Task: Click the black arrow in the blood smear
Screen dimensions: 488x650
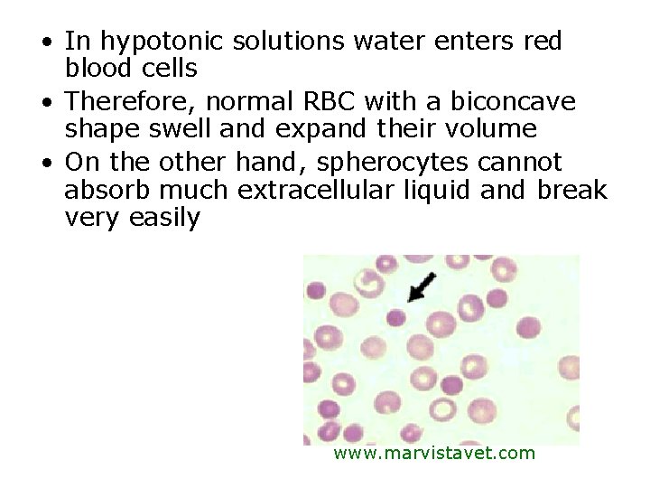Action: click(421, 286)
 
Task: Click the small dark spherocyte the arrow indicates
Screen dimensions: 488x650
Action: click(395, 317)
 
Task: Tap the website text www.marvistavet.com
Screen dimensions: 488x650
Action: click(434, 453)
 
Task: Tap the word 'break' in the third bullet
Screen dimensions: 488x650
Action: click(572, 190)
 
